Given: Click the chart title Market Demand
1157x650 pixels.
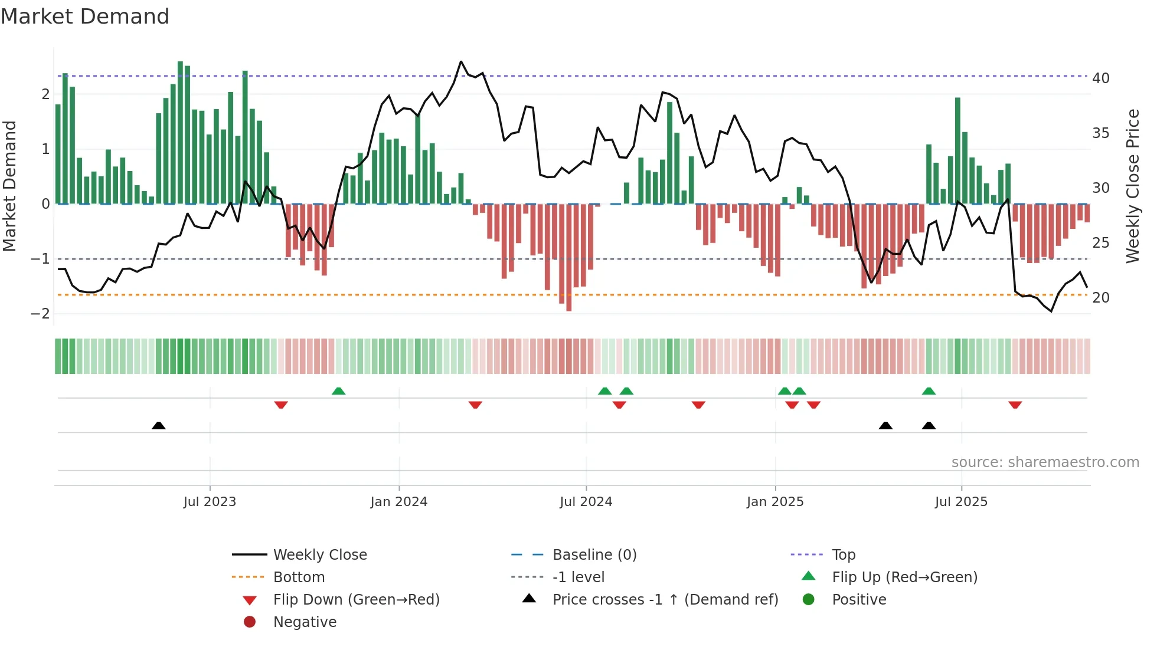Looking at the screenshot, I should tap(85, 17).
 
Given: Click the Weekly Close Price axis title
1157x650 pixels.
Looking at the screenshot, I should tap(1132, 186).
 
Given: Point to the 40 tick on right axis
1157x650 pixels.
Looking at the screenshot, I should tap(1100, 78).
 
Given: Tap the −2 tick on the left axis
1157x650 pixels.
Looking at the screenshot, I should tap(40, 314).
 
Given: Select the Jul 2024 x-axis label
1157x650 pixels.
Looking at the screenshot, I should tap(586, 502).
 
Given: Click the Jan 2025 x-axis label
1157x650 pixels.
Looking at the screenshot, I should tap(774, 502).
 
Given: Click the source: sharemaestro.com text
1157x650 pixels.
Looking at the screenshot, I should tap(1045, 462).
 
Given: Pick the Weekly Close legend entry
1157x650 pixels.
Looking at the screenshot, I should tap(319, 555).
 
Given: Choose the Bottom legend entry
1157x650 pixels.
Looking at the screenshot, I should tap(299, 577).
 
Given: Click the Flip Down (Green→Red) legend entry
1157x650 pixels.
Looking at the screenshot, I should tap(356, 600).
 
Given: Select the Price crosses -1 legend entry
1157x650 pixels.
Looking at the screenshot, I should tap(665, 600).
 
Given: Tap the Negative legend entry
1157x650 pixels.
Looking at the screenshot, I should tap(305, 622).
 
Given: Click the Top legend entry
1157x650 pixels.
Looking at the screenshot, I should tap(843, 555).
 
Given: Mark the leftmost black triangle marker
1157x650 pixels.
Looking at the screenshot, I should tap(158, 425).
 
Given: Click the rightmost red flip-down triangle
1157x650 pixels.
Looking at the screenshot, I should tap(1015, 405).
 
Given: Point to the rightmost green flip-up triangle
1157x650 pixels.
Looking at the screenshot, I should tap(929, 391).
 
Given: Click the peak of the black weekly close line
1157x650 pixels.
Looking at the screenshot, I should tap(461, 61).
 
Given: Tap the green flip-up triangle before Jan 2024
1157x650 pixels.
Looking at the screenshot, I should tap(338, 391).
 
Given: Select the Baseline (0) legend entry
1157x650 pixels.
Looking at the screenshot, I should tap(594, 555).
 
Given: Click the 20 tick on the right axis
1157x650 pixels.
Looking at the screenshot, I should tap(1100, 298).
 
